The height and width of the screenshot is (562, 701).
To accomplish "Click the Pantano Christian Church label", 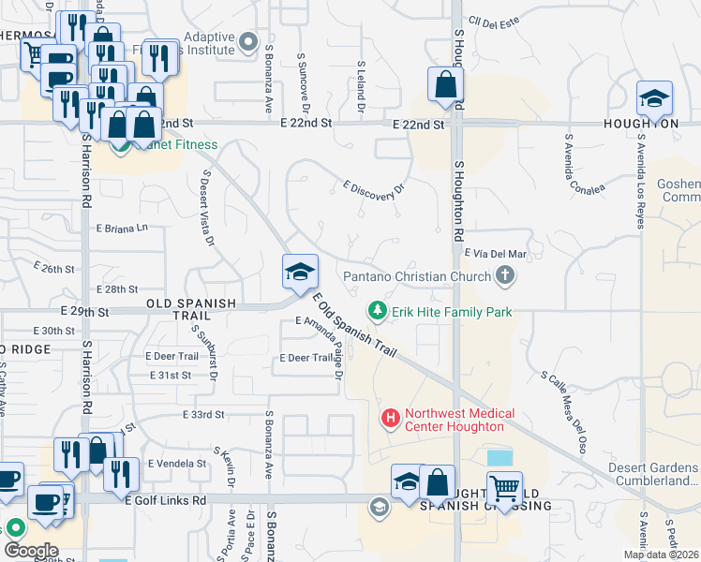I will point(416,276).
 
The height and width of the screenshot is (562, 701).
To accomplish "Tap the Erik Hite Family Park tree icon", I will point(377,309).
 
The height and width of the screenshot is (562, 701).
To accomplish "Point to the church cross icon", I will point(506,275).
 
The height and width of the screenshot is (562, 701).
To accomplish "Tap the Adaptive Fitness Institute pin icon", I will point(248,41).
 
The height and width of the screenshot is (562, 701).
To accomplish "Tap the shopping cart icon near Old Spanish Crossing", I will point(505,488).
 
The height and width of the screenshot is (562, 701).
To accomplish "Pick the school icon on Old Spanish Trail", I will point(301,273).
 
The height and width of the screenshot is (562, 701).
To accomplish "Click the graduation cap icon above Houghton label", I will point(654,98).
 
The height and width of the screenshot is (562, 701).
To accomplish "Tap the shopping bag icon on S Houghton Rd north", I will point(445,84).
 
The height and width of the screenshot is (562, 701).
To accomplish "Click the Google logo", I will point(30,551).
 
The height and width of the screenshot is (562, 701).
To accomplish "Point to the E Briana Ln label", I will point(122,228).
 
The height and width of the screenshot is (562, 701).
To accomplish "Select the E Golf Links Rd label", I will point(165,501).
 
